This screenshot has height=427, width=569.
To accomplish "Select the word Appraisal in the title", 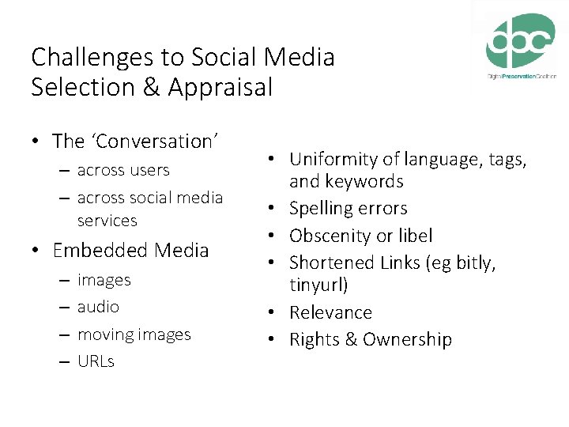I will click(220, 87).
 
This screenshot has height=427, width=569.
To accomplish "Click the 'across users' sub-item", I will click(123, 170).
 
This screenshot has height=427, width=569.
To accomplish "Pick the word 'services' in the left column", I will click(107, 221).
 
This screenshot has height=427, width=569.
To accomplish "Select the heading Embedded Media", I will click(130, 251).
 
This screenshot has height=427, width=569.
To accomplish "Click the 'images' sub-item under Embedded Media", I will click(104, 280).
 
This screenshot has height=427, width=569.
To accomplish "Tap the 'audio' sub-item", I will click(99, 307).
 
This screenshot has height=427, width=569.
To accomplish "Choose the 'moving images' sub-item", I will click(134, 334).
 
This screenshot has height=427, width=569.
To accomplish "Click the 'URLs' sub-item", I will click(96, 361).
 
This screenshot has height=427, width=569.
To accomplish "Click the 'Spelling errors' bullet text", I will click(349, 209).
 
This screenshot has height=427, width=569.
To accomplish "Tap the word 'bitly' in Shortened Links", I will click(471, 263).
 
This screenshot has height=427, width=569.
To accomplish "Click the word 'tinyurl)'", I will click(318, 285).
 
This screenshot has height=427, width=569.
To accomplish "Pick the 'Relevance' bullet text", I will click(330, 312).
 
